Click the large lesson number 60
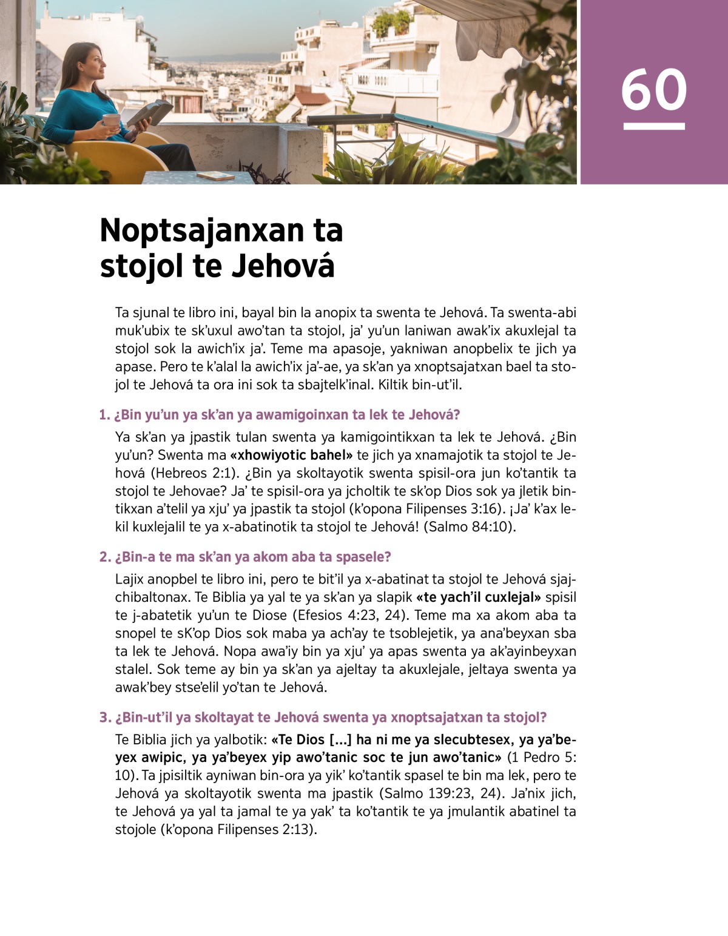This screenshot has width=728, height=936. [654, 90]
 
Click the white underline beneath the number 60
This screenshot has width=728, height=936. [654, 126]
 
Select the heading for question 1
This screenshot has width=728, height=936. [279, 415]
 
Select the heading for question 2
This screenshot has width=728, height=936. [245, 557]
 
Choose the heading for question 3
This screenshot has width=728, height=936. [323, 718]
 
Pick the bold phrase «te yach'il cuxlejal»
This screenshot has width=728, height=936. [479, 598]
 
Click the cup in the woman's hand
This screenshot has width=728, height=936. [111, 120]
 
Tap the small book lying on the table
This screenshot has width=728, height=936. [216, 175]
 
